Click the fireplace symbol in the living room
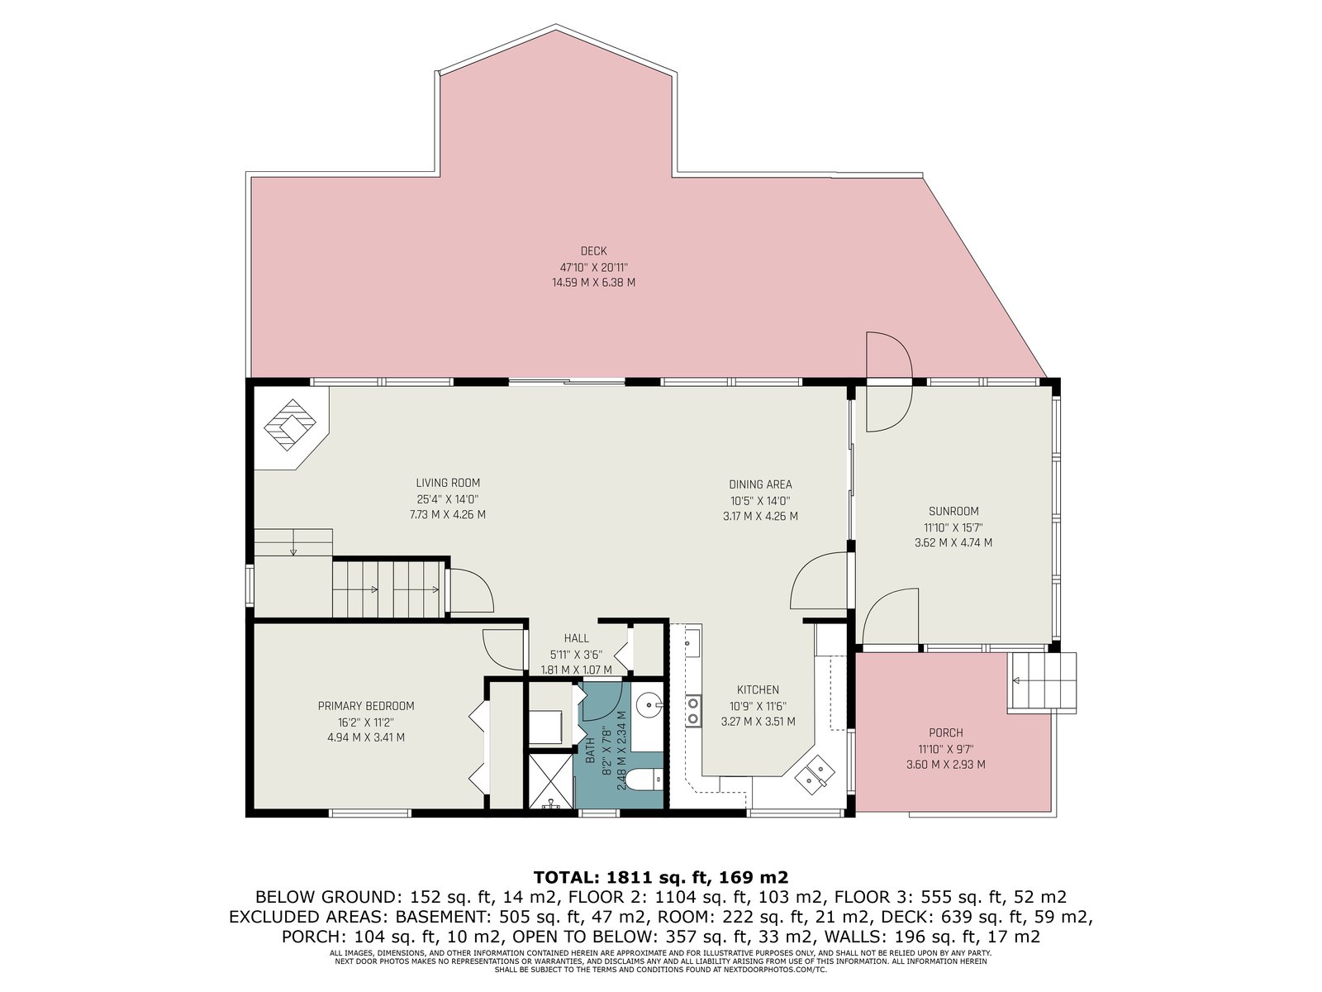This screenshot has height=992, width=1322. [x=290, y=425]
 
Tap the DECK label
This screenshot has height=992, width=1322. [x=593, y=251]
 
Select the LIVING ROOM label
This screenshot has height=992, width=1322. [x=448, y=483]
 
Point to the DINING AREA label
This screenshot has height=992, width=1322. [x=760, y=484]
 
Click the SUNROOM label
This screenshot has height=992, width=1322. [x=953, y=512]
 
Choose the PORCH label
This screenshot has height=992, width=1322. [x=945, y=733]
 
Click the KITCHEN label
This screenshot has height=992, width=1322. [x=758, y=689]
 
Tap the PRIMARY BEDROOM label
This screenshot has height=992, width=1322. [x=366, y=706]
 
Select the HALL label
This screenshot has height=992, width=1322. [x=577, y=638]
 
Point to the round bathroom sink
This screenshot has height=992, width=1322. [x=649, y=703]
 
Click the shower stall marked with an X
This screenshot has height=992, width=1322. [x=550, y=781]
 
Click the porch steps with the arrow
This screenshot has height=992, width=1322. [x=1043, y=682]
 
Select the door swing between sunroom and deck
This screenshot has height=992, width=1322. [x=889, y=382]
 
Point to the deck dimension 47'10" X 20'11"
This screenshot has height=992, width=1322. [x=594, y=267]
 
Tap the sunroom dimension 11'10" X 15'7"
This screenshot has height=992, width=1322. [x=953, y=527]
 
